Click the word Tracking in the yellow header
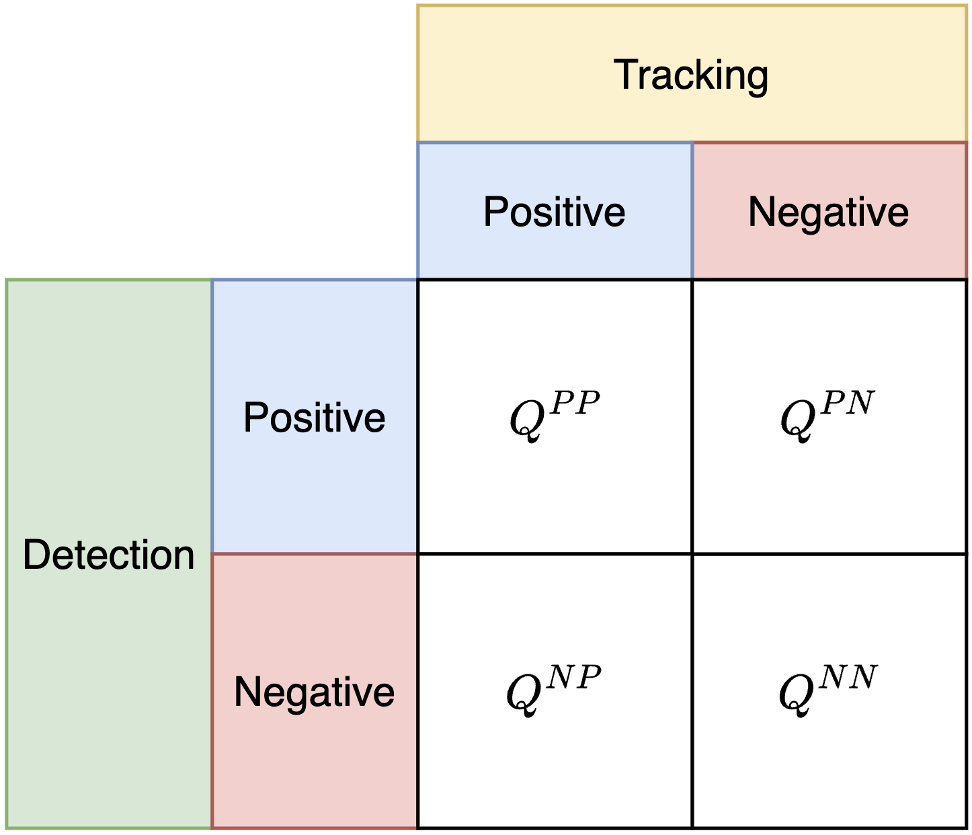691,75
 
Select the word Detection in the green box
109,555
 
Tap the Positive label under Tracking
555,212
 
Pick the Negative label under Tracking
828,212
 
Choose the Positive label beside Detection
314,417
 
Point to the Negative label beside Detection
314,692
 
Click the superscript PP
575,403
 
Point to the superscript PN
848,403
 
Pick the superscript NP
574,678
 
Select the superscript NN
848,678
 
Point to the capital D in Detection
36,555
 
